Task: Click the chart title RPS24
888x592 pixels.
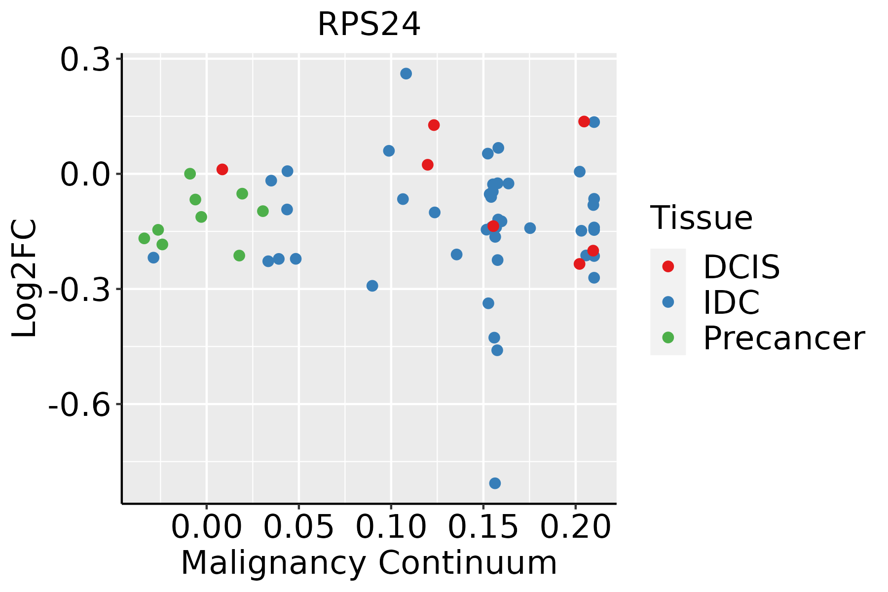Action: point(369,24)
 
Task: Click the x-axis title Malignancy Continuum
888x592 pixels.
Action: point(369,563)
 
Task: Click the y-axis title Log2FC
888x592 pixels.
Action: point(24,278)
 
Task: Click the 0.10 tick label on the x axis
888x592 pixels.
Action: point(390,527)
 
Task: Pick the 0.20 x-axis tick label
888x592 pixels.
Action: point(575,527)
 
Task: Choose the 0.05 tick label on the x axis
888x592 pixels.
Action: point(298,527)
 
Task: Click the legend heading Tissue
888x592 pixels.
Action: point(701,218)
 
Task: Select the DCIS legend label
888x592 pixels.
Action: point(741,267)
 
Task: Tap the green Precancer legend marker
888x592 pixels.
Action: point(668,337)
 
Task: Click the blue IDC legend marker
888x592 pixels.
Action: point(668,302)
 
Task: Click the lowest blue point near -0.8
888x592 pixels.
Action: point(495,483)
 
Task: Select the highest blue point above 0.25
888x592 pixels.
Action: point(406,74)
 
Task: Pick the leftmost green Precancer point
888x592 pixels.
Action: point(144,238)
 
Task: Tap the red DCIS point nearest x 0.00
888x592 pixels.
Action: point(222,169)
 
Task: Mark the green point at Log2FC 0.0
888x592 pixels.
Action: point(190,174)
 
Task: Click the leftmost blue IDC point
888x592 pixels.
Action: point(153,258)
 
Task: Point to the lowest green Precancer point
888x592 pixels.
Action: point(239,256)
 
